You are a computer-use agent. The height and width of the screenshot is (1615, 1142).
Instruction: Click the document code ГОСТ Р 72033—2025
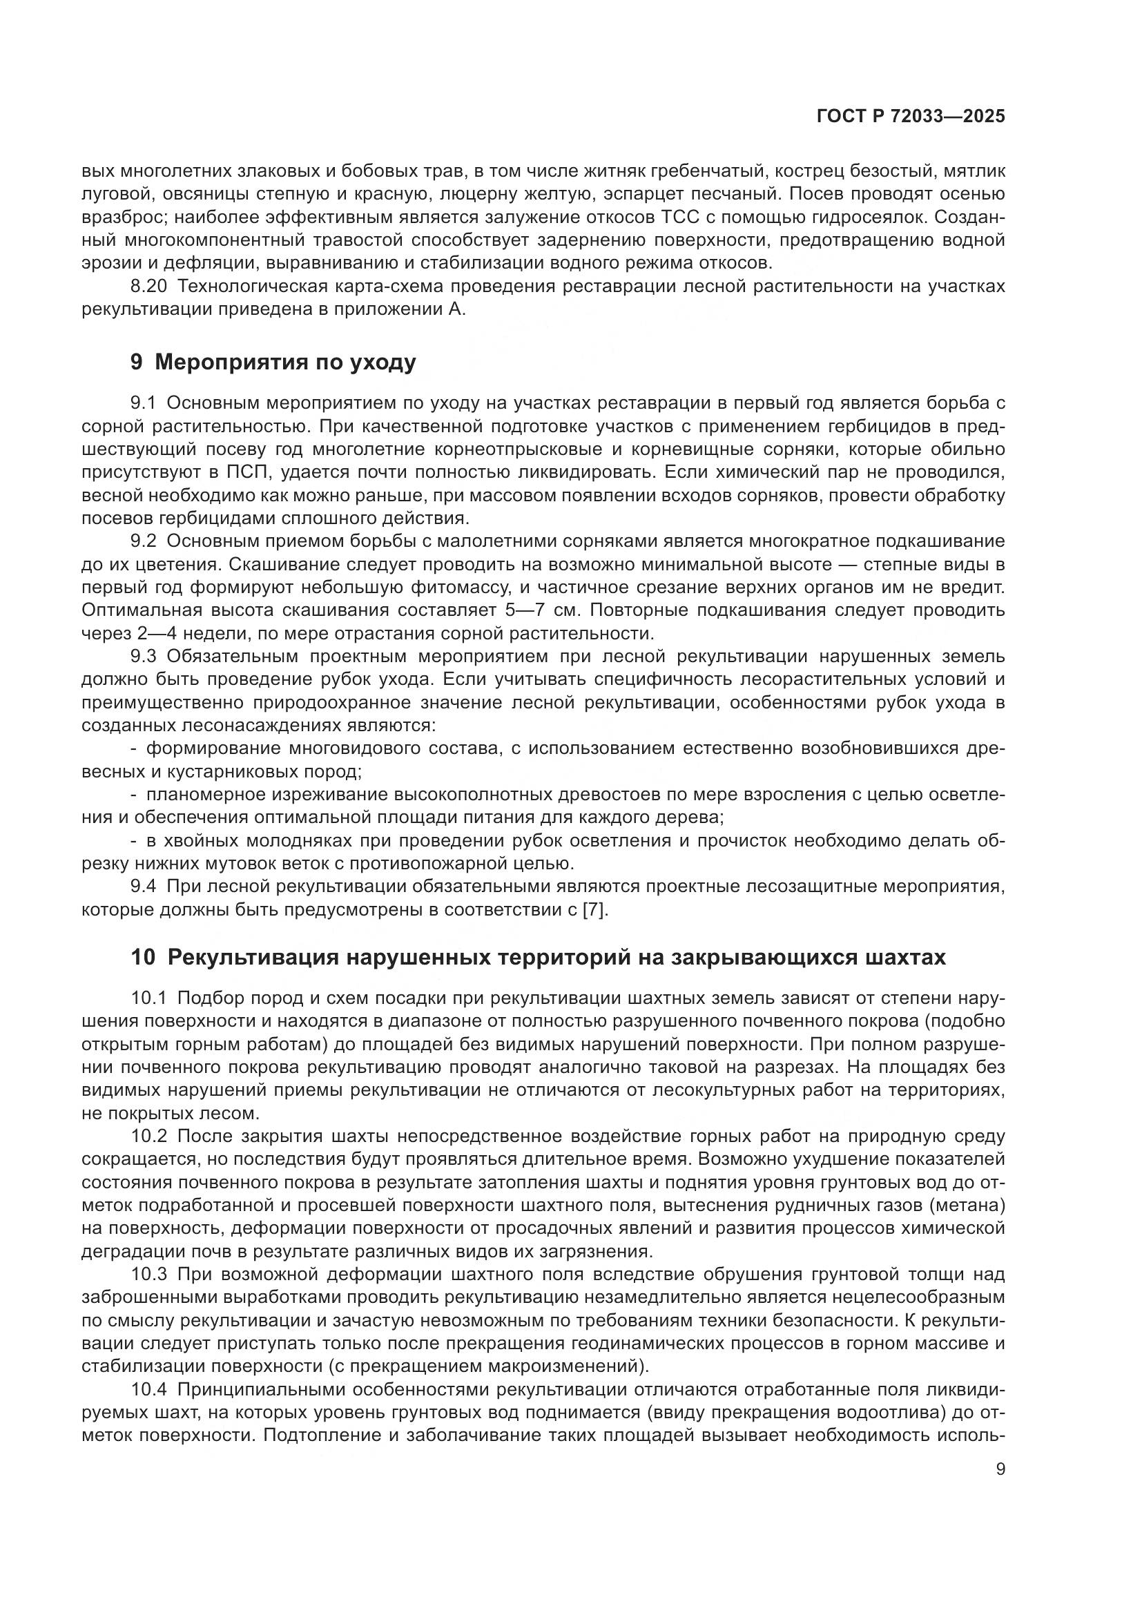coord(911,117)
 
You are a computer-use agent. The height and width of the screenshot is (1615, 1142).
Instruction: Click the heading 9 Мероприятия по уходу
coord(273,362)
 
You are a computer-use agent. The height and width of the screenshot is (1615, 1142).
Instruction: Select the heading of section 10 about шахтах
coord(538,957)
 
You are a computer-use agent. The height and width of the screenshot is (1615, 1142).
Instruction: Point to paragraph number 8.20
coord(150,287)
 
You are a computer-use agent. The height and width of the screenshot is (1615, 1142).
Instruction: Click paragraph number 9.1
coord(145,403)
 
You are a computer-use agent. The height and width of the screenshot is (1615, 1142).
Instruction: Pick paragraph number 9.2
coord(145,541)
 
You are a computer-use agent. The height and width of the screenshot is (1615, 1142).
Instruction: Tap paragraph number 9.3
coord(145,656)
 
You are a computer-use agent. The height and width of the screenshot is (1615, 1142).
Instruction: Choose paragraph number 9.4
coord(145,887)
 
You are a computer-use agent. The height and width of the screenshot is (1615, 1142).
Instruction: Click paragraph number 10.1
coord(150,998)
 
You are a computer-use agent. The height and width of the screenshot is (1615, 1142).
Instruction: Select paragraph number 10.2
coord(150,1136)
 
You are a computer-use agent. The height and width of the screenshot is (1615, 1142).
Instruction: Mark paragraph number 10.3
coord(150,1274)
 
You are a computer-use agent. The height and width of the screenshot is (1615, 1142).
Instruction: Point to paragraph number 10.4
coord(150,1389)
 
